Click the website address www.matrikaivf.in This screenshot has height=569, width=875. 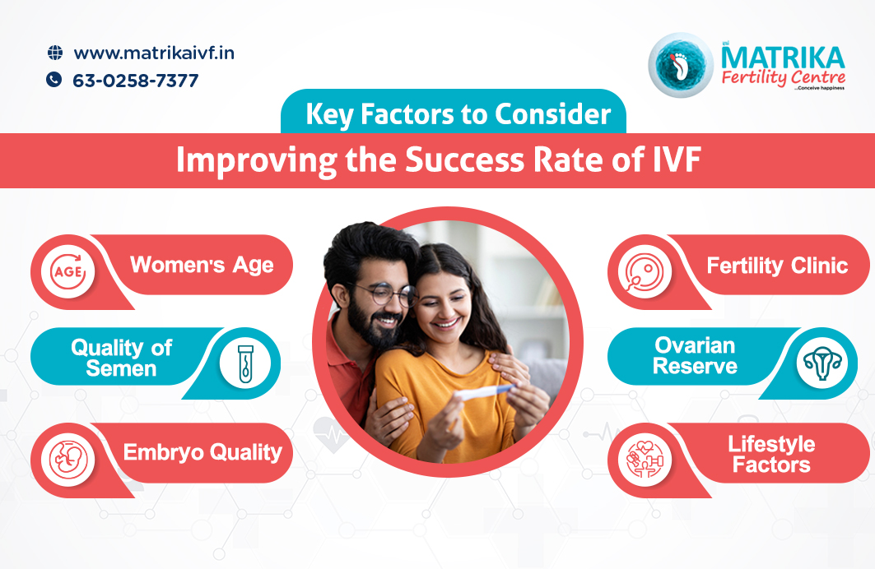[x=154, y=53]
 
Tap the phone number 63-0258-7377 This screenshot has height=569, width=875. [x=135, y=81]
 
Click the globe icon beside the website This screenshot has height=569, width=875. [x=55, y=53]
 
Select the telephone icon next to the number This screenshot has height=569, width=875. [x=54, y=80]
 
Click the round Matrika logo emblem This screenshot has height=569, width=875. [x=680, y=65]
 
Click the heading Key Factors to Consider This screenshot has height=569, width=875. [x=458, y=114]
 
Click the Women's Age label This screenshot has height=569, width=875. [x=202, y=266]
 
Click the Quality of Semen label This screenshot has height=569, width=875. [x=121, y=359]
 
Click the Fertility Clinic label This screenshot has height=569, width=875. [x=777, y=266]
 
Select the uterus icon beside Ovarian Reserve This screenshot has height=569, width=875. [x=821, y=363]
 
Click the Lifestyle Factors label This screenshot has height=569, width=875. [x=770, y=455]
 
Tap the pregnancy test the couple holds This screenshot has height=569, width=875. [x=485, y=392]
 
